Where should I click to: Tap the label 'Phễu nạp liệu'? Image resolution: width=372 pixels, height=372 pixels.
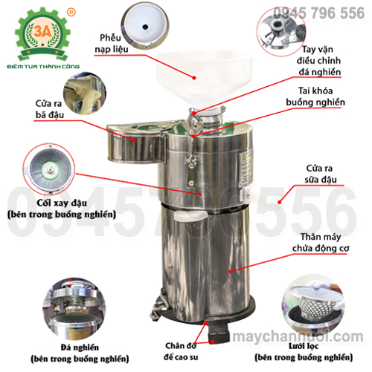coord(112,43)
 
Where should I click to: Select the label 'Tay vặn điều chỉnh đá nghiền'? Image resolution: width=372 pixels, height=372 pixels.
coord(318,61)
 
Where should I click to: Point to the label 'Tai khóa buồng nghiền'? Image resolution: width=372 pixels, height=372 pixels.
coord(315,97)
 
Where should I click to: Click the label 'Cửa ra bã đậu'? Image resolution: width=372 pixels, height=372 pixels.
coord(49,109)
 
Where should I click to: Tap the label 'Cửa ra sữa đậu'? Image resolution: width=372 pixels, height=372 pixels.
coord(320,174)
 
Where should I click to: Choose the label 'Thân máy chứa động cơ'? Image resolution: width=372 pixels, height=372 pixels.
coord(321,242)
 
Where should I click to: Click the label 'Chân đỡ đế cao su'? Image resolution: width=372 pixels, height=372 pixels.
coord(181,351)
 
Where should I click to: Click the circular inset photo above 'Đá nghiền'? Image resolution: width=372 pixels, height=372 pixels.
coord(74,309)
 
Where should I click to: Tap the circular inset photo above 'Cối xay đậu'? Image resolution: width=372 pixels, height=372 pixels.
coord(49,169)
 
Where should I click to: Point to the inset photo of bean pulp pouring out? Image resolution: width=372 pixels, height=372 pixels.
coord(85,94)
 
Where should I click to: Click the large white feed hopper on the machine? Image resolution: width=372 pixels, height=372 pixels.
coord(204,78)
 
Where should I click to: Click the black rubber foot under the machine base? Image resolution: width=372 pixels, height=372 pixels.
coord(218,332)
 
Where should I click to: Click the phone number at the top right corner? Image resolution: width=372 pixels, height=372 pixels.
coord(319,13)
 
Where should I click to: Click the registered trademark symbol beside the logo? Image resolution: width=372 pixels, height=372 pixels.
coord(71,12)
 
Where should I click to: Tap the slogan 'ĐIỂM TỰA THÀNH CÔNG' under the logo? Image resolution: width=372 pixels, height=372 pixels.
coord(43,66)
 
